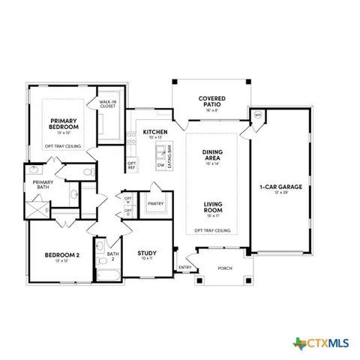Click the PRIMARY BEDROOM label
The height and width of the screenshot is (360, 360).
(x=65, y=124)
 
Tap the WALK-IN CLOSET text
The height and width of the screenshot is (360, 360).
(x=108, y=104)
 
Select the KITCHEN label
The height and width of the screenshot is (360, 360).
(x=154, y=133)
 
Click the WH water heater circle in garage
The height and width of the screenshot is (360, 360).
(x=257, y=115)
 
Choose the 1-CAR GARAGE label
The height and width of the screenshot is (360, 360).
(x=280, y=187)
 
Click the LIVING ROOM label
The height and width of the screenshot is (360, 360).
(x=212, y=205)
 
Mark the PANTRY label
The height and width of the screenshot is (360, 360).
(x=156, y=203)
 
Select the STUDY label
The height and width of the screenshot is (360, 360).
(x=147, y=254)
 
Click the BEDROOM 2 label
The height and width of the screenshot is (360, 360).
(x=59, y=256)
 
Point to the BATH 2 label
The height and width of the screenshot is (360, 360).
(x=112, y=256)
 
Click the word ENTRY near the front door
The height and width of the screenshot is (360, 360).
(x=184, y=268)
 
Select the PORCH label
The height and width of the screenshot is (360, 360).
(x=224, y=268)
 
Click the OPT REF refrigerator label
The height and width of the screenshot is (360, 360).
(x=131, y=165)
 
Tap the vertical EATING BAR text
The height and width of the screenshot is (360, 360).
(x=169, y=154)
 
